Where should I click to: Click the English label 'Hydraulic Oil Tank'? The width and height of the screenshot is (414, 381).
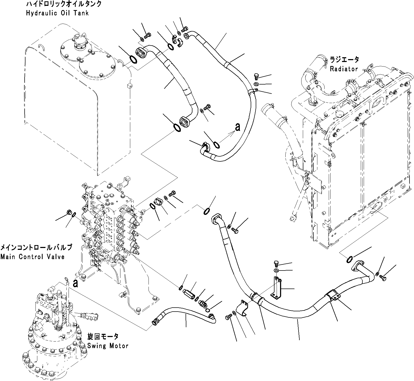57,13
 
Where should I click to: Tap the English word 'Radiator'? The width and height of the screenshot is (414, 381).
344,69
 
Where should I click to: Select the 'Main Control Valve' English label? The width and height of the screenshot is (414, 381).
32,257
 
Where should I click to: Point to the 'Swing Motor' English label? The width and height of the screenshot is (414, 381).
108,346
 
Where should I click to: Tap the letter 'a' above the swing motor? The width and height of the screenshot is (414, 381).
75,283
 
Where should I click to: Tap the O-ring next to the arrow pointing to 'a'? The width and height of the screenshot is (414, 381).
216,145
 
